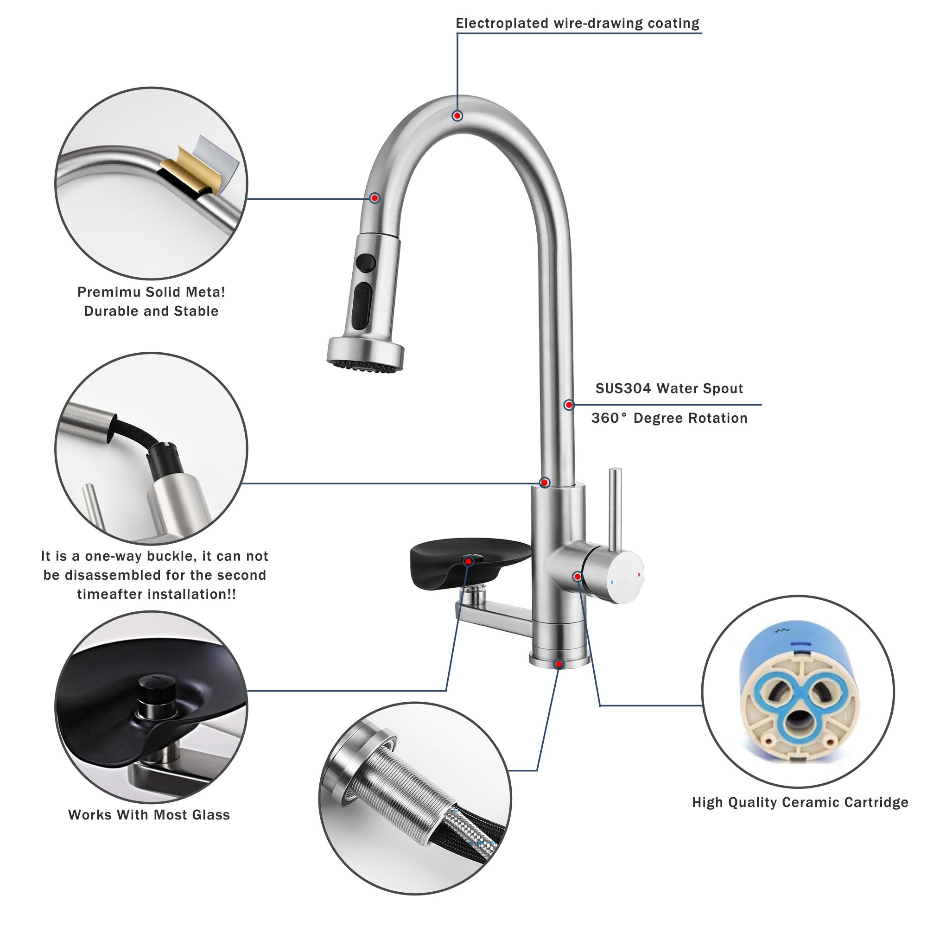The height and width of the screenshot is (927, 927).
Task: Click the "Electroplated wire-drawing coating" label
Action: coord(578,24)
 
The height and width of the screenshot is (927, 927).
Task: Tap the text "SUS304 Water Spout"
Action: coord(669,389)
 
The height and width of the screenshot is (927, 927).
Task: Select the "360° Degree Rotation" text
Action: coord(669,419)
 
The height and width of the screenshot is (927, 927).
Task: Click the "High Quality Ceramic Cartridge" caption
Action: coord(800,803)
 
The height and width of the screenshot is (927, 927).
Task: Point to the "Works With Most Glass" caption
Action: coord(149,815)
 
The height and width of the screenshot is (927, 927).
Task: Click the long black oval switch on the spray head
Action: coord(362,304)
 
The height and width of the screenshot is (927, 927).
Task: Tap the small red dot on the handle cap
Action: coord(638,574)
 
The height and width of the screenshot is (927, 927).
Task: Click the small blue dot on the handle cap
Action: coord(611,583)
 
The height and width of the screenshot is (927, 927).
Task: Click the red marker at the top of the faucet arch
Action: coord(458,115)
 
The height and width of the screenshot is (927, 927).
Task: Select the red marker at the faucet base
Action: coord(558,664)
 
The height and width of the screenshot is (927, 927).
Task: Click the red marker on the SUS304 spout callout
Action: coord(569,405)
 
